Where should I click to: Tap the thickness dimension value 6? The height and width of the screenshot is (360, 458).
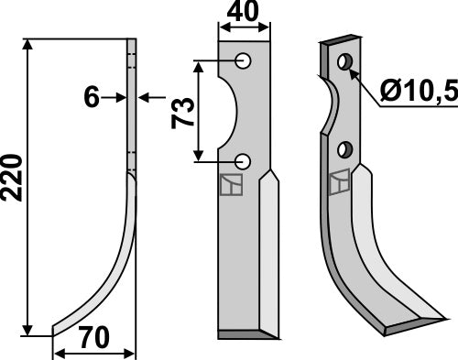coord(92,97)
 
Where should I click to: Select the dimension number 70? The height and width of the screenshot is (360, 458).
coord(93,339)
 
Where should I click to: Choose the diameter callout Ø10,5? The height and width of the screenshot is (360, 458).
coord(416,92)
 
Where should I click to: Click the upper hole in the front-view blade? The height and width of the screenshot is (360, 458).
coord(244,61)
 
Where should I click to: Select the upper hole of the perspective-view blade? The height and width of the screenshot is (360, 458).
coord(344,62)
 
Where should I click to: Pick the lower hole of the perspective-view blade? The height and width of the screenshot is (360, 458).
coord(345,149)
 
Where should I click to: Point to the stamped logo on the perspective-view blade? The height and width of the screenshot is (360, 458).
coord(340,182)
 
